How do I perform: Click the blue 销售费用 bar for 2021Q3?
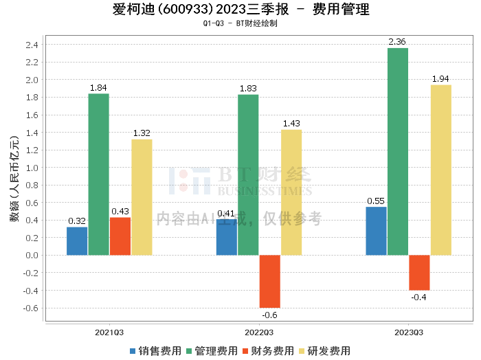point(77,241)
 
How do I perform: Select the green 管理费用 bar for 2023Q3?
point(397,151)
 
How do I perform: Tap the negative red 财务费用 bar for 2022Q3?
point(269,281)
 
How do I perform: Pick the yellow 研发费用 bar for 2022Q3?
point(291,192)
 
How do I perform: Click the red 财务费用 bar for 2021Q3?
point(120,236)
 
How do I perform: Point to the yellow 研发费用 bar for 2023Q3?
point(440,170)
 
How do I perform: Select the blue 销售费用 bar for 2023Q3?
point(376,231)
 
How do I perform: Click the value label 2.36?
point(397,42)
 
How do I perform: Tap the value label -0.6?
point(269,315)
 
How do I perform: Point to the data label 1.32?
point(142,133)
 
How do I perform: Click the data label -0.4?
point(419,297)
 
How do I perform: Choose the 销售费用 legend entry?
point(155,351)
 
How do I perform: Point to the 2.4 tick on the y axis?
point(32,45)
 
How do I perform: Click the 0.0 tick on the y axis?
point(32,256)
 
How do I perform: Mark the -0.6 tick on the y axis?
point(30,308)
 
